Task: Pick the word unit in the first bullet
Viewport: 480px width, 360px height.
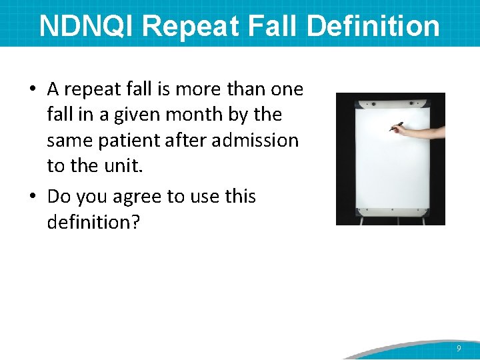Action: coord(122,166)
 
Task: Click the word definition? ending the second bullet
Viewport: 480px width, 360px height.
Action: coord(93,222)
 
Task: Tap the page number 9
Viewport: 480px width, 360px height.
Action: coord(459,349)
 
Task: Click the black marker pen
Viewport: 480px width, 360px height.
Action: coord(396,126)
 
